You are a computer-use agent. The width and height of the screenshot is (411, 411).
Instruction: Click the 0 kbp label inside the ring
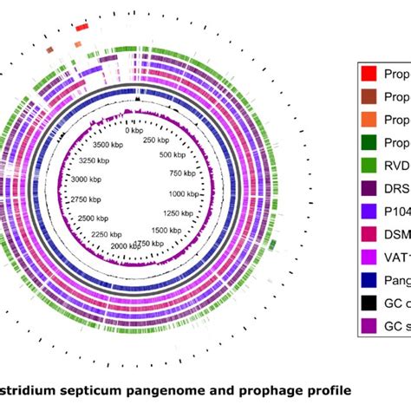point(138,131)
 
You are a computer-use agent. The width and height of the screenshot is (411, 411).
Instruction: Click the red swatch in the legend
point(369,75)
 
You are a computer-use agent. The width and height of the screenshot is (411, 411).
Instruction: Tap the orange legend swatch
point(369,121)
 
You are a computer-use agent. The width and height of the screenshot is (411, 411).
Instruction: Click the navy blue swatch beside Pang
point(369,278)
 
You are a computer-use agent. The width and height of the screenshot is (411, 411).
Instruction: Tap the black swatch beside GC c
point(369,301)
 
